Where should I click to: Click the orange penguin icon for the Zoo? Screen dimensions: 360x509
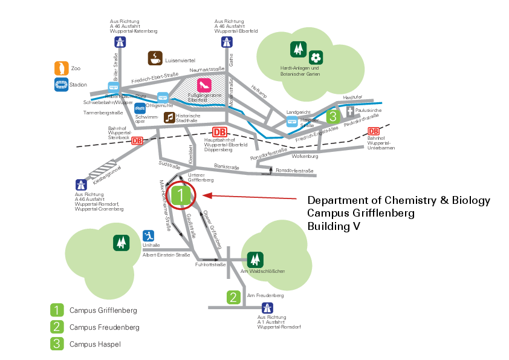[x=61, y=68]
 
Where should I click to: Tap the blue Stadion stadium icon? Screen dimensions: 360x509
[x=61, y=85]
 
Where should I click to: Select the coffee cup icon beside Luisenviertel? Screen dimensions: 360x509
[x=155, y=58]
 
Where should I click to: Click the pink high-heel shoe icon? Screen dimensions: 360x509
[x=204, y=85]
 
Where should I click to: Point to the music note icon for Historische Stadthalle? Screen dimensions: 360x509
[x=170, y=117]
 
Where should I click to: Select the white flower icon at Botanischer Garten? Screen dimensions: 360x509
[x=315, y=57]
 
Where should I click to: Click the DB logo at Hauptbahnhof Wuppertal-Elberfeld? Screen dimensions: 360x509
[x=219, y=133]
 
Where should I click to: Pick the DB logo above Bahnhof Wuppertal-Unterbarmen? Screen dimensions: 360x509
[x=374, y=131]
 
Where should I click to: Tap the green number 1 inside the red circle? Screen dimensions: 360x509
[x=181, y=195]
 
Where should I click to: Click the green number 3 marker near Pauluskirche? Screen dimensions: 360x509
[x=332, y=116]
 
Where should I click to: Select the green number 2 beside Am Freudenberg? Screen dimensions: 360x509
[x=233, y=297]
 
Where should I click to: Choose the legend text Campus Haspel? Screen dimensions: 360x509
[x=95, y=344]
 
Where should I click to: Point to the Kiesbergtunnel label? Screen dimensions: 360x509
[x=103, y=172]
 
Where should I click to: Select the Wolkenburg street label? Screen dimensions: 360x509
[x=304, y=156]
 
